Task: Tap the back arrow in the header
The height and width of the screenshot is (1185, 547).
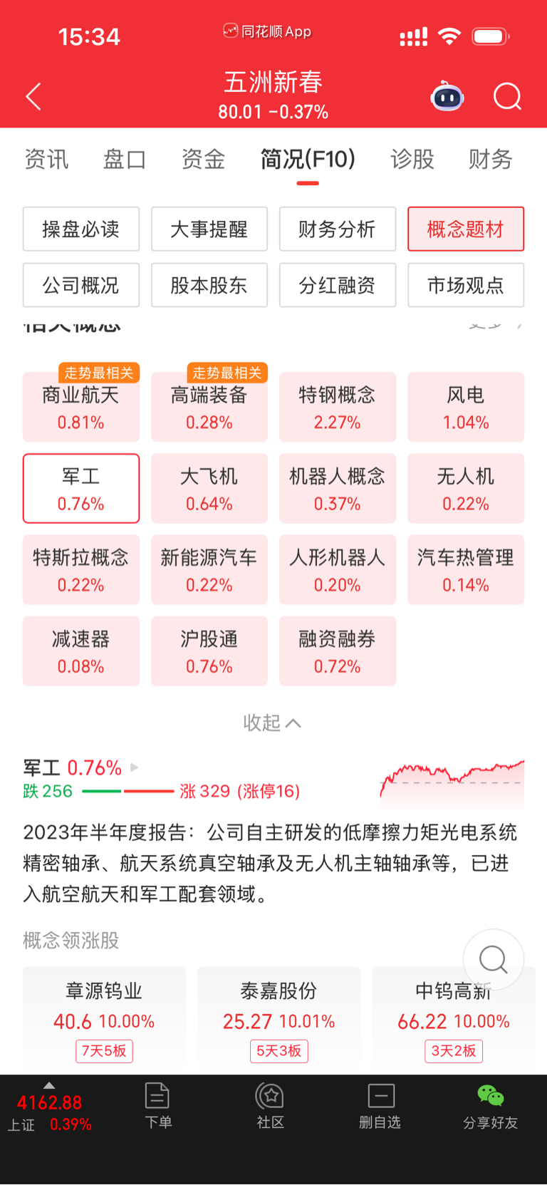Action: coord(33,97)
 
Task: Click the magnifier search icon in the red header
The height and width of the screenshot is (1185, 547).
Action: coord(507,97)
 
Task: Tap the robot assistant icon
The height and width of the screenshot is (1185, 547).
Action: coord(447,97)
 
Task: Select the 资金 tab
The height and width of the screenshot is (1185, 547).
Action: coord(203,159)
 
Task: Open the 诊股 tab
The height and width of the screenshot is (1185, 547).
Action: coord(412,159)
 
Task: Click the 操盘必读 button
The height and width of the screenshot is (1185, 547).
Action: coord(81,229)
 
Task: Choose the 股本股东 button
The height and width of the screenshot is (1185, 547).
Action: coord(209,286)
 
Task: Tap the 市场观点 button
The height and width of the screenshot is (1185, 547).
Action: coord(466,286)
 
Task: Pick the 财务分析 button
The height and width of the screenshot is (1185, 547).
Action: coord(338,229)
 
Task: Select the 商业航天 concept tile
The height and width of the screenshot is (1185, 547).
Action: coord(81,408)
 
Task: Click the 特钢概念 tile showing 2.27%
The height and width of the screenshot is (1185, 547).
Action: coord(338,408)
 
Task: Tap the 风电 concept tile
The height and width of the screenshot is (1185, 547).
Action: coord(466,408)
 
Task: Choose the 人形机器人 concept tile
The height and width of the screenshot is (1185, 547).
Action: coord(338,570)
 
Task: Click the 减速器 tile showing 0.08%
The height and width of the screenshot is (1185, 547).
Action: coord(81,651)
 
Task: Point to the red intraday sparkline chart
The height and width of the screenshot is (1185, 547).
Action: coord(452,780)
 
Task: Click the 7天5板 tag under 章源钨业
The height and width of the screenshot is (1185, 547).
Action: coord(104,1051)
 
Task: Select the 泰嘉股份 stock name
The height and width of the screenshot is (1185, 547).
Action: coord(278,991)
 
